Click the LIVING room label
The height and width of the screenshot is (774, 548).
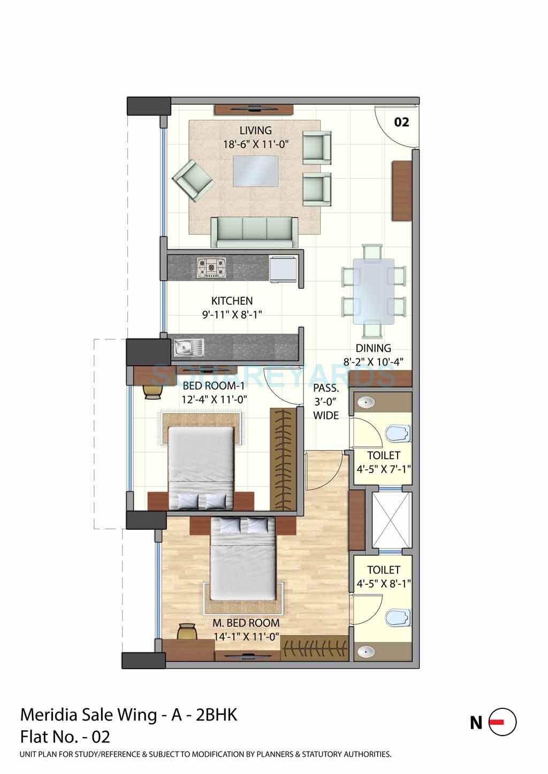pyautogui.click(x=255, y=130)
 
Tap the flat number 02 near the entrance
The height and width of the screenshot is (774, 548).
pyautogui.click(x=401, y=122)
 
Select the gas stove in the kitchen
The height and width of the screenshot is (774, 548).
pyautogui.click(x=212, y=267)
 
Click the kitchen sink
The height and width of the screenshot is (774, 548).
pyautogui.click(x=188, y=348)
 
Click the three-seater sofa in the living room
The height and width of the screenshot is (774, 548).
pyautogui.click(x=254, y=231)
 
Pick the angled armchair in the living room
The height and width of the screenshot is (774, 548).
pyautogui.click(x=192, y=181)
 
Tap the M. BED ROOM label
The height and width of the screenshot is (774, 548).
pyautogui.click(x=243, y=623)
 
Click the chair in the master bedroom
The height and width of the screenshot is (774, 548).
pyautogui.click(x=186, y=631)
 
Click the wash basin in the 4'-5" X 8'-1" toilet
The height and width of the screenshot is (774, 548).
pyautogui.click(x=366, y=651)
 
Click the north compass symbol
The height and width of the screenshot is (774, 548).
pyautogui.click(x=504, y=722)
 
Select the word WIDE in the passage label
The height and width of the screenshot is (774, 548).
pyautogui.click(x=326, y=415)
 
